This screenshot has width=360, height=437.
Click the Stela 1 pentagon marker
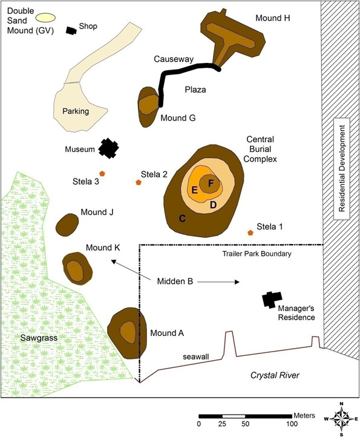[x=250, y=232]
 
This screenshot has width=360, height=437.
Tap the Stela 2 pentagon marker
[x=139, y=182]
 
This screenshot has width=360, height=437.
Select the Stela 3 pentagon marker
[x=102, y=173]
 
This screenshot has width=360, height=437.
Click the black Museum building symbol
[x=109, y=148]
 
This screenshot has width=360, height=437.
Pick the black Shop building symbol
[x=71, y=30]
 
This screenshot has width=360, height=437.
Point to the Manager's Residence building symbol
[x=272, y=300]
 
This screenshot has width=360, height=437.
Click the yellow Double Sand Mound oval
[x=46, y=18]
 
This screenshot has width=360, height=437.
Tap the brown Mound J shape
[x=67, y=225]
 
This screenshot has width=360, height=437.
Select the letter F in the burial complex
[x=211, y=183]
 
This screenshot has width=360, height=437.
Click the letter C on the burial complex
[x=182, y=218]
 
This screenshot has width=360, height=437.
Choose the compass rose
[x=342, y=419]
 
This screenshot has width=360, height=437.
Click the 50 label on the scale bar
[x=246, y=424]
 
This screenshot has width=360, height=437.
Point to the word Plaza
[x=195, y=90]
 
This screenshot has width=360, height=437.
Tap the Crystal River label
[x=275, y=375]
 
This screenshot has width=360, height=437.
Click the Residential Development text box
[x=342, y=169]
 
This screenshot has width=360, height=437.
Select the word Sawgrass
[x=39, y=338]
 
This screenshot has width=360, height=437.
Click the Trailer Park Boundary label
[x=257, y=254]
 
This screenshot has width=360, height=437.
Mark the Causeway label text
[x=174, y=59]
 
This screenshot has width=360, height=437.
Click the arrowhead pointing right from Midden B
[x=237, y=282]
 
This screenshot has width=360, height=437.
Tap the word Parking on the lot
[x=76, y=111]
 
